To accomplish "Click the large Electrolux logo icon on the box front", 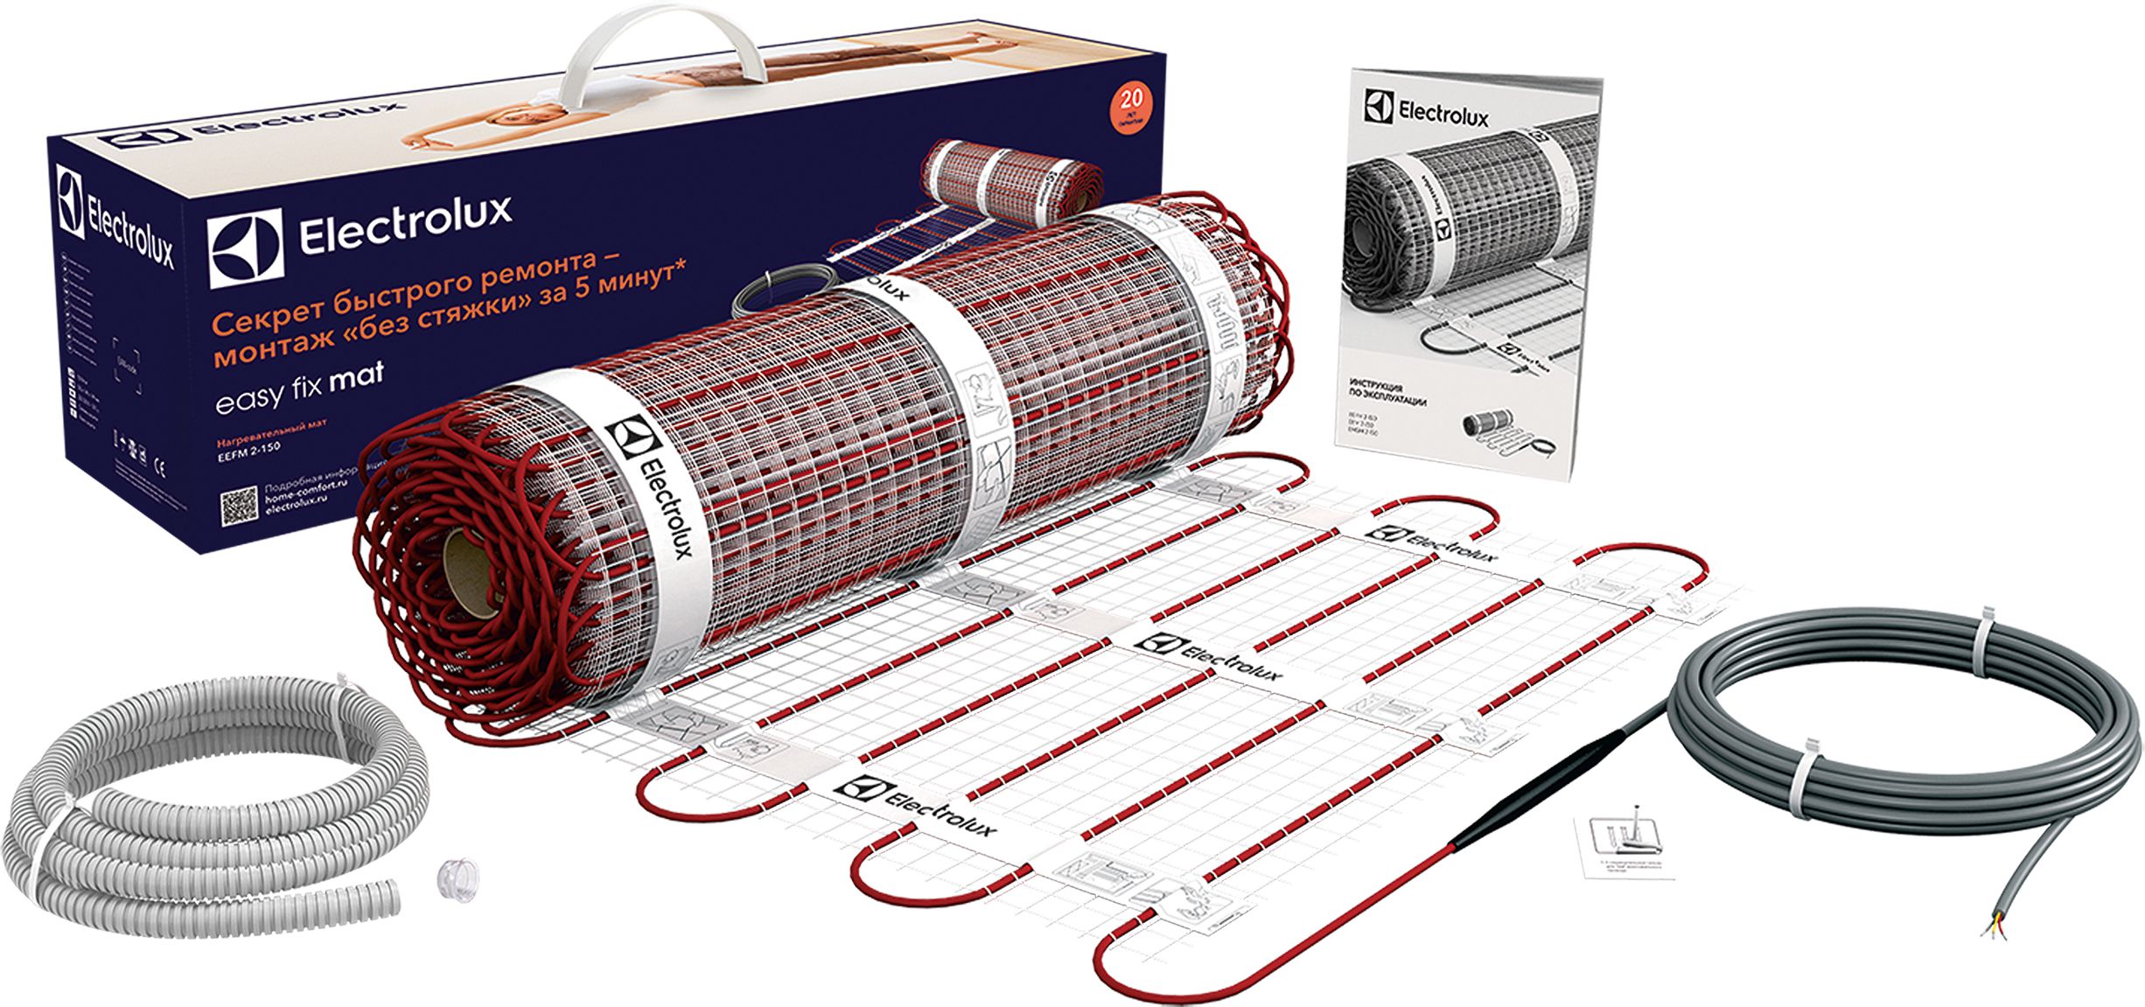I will tap(246, 248).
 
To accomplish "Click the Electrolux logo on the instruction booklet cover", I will tap(1426, 111).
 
